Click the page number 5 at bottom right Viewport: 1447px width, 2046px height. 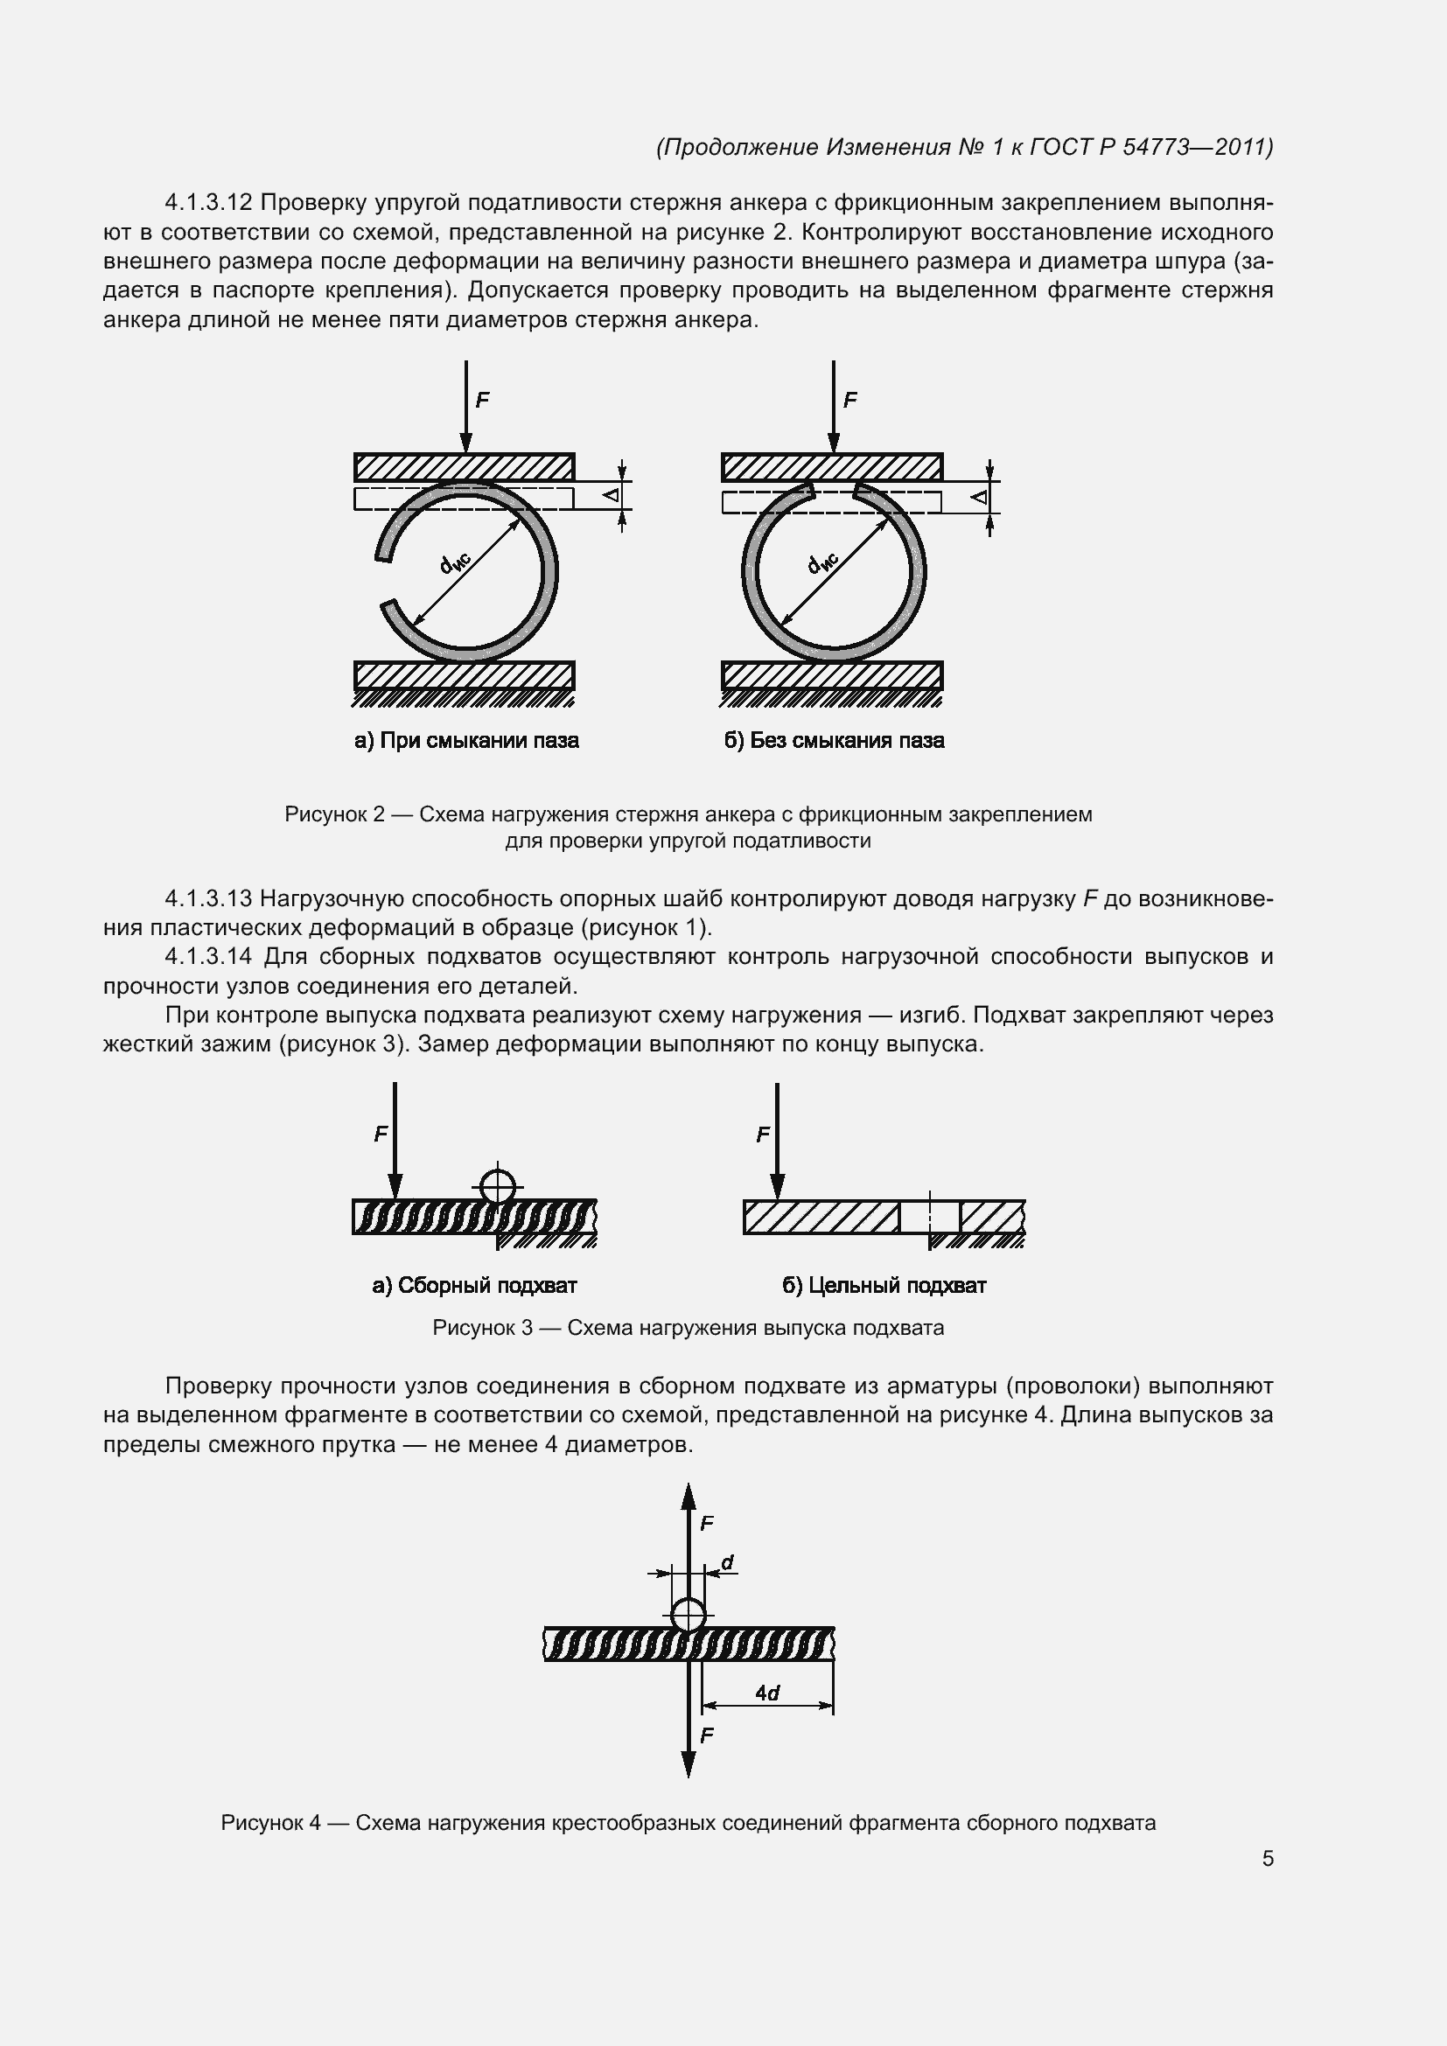coord(1267,1858)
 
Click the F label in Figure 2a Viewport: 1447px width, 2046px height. coord(482,400)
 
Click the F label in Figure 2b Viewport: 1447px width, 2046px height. coord(849,400)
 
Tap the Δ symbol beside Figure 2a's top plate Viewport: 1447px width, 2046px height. coord(612,494)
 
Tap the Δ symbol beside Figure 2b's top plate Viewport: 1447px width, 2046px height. coord(979,496)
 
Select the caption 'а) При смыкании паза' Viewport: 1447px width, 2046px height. coord(466,741)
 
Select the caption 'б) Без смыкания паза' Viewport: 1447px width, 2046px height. coord(833,741)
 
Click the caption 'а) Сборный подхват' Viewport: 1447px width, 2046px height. coord(474,1285)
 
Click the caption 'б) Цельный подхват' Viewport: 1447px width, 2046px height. coord(884,1285)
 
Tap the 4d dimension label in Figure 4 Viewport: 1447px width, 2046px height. coord(766,1693)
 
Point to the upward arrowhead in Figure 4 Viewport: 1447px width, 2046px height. coord(688,1497)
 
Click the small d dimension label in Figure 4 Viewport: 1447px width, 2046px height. coord(727,1563)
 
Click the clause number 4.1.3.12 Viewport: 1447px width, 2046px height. coord(208,203)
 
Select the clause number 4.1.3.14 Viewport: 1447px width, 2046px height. coord(208,957)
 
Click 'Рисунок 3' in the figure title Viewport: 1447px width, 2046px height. coord(482,1328)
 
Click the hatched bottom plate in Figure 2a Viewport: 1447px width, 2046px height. coord(465,675)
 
